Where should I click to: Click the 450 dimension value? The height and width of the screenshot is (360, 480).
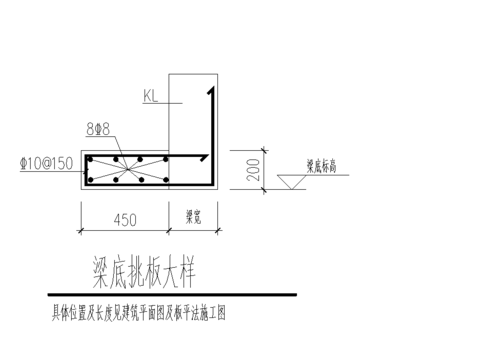tap(125, 217)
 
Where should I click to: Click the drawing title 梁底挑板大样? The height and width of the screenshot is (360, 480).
tap(144, 270)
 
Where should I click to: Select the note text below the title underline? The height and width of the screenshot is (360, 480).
tap(140, 313)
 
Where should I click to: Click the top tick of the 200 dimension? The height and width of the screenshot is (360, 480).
tap(235, 151)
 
